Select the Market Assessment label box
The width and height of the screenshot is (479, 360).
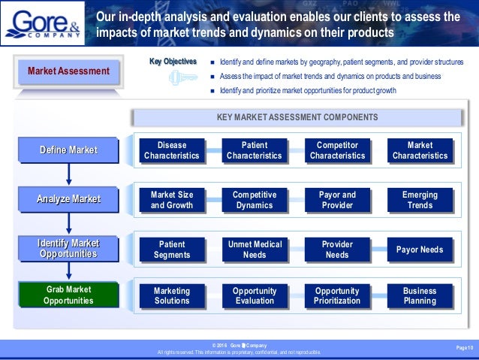coord(68,72)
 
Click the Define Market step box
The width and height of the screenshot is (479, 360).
coord(68,150)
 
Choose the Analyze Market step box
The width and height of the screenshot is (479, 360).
coord(68,200)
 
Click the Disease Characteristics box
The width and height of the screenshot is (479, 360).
coord(172,150)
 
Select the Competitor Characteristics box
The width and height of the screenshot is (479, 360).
coord(337,150)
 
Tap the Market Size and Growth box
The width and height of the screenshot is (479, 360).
coord(172,200)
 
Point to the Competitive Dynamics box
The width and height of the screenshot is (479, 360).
coord(255,200)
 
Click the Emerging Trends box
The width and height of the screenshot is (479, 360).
coord(420,200)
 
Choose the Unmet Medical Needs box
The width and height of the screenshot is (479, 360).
coord(255,250)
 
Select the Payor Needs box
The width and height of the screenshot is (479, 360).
coord(420,250)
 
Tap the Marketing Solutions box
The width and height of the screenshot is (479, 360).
coord(172,295)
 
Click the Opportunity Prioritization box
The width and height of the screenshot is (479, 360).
coord(337,295)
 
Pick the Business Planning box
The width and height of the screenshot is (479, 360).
coord(420,295)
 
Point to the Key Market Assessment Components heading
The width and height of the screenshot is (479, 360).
coord(297,117)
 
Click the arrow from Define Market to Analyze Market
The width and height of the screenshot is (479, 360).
coord(68,175)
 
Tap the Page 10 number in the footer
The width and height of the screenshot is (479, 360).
coord(465,347)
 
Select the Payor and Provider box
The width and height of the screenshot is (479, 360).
coord(337,200)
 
